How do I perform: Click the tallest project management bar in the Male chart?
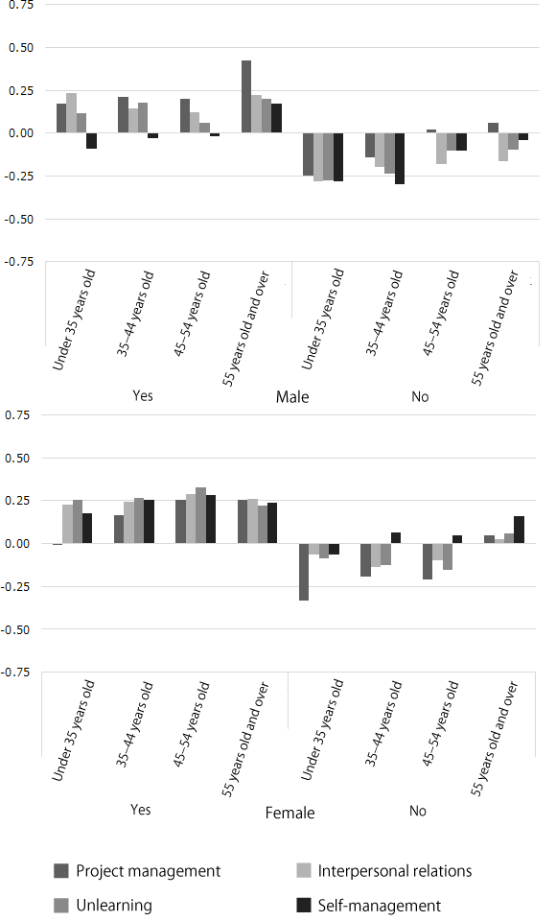pos(246,97)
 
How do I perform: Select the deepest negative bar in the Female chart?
pos(304,572)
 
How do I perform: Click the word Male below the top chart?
pos(292,396)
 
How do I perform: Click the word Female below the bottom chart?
pos(290,814)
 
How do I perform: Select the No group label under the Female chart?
pos(418,811)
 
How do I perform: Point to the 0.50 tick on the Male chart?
pos(20,47)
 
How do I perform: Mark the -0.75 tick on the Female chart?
pos(18,673)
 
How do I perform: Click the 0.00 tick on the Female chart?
pos(20,544)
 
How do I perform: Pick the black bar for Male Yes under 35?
pos(92,141)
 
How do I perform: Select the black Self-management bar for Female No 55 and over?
pos(520,531)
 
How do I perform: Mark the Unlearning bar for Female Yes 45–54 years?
pos(200,516)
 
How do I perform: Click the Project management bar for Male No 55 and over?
pos(493,128)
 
